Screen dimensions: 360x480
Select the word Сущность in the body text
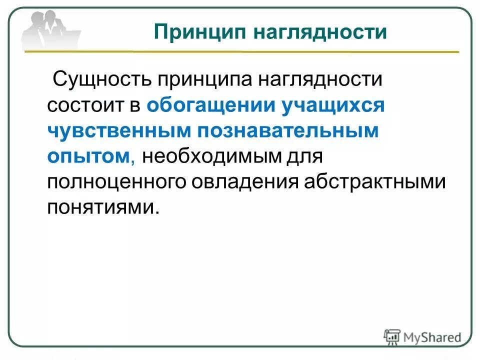coord(103,79)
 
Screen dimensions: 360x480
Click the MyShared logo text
coord(430,337)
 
